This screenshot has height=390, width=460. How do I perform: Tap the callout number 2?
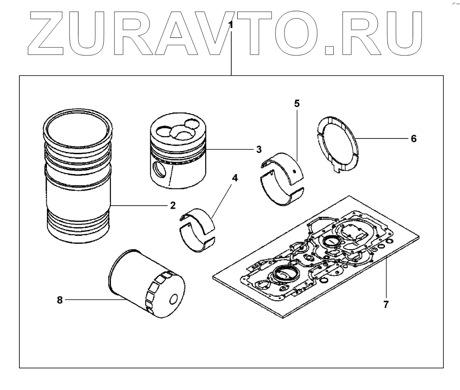(173, 206)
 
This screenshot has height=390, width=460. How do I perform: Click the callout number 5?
(296, 103)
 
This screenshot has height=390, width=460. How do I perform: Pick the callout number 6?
(413, 138)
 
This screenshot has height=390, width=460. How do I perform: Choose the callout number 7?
(386, 304)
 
